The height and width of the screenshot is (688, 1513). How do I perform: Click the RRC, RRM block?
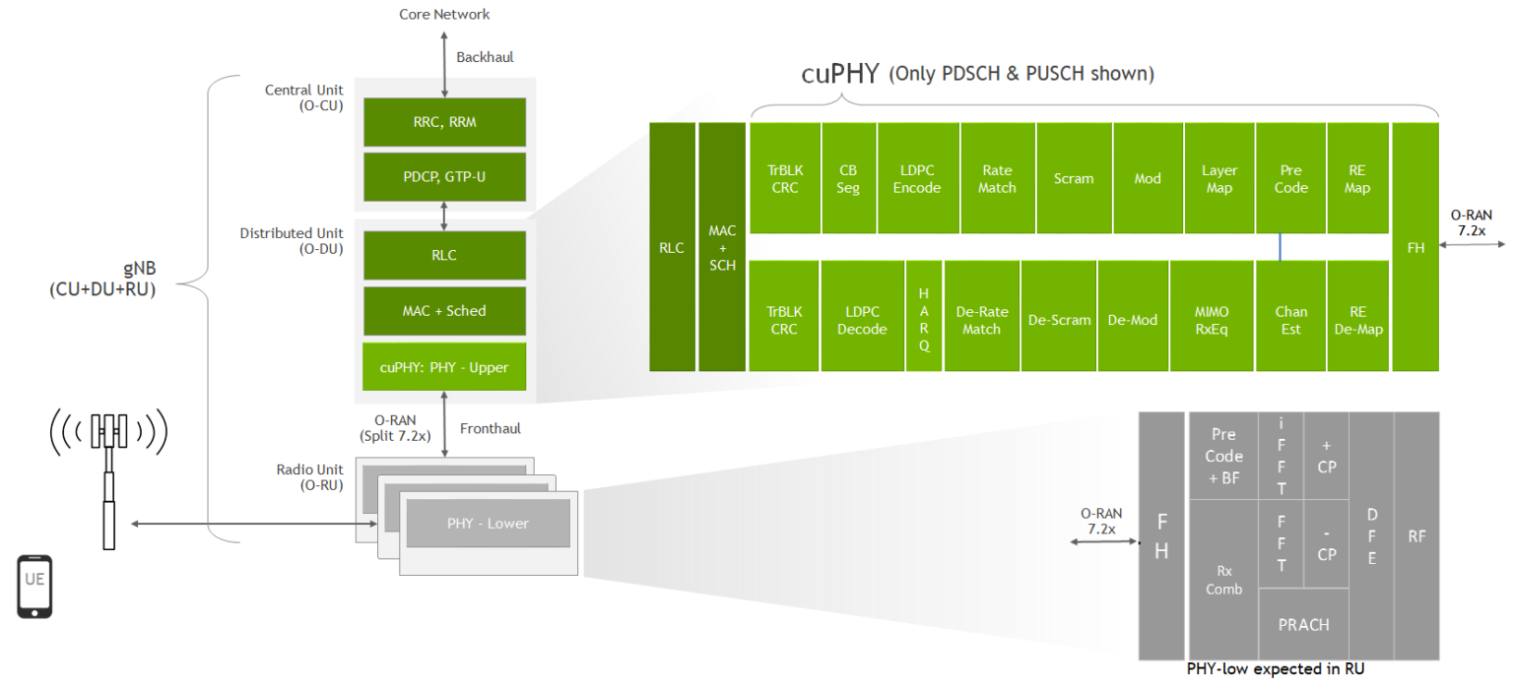444,122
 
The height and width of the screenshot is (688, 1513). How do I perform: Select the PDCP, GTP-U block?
444,176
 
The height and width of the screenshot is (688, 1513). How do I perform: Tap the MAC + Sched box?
444,310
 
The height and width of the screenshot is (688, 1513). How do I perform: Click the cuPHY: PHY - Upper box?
444,366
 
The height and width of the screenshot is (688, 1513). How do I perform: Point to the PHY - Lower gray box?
488,523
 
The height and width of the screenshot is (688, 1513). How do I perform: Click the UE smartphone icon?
34,587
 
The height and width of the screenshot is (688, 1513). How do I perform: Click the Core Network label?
444,14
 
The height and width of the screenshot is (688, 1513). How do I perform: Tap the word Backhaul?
485,57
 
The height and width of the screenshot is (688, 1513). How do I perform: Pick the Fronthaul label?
490,428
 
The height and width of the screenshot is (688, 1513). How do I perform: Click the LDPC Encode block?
917,178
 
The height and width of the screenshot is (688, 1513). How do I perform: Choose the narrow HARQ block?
924,319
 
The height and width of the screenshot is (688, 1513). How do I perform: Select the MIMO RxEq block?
1211,319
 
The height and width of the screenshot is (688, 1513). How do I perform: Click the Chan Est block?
1290,319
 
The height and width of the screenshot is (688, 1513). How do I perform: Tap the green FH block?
1415,248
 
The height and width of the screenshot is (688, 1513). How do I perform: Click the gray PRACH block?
1303,624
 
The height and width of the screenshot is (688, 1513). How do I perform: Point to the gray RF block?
1416,536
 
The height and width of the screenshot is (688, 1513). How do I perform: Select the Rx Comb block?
1223,579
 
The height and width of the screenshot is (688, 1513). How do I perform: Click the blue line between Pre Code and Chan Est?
1280,247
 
